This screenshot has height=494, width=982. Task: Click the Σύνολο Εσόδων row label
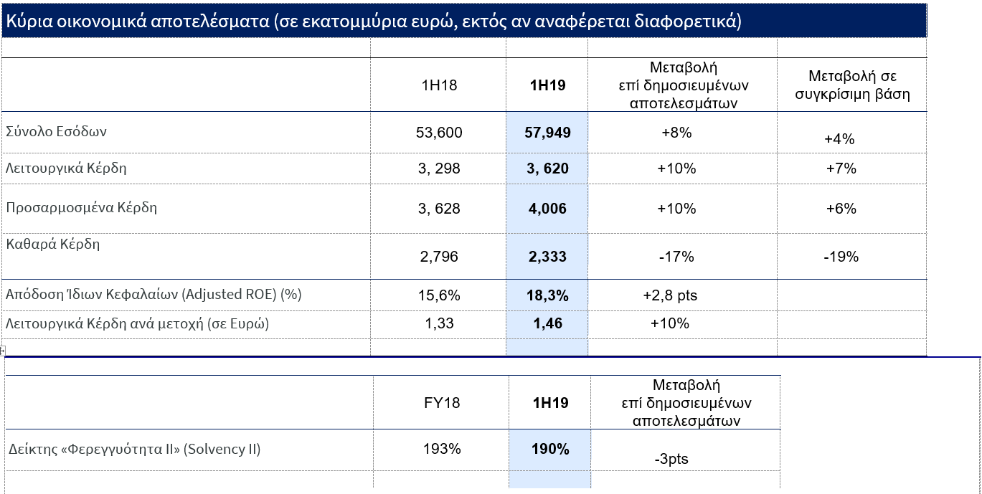(x=57, y=131)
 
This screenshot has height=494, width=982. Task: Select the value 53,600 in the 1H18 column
(x=439, y=133)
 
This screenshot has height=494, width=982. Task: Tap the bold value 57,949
(x=547, y=133)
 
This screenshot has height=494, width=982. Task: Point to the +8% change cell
(x=676, y=133)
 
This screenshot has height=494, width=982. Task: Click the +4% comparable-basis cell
(x=839, y=139)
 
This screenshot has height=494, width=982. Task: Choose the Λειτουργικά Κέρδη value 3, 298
(x=438, y=168)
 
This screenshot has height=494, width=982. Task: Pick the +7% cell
(x=841, y=168)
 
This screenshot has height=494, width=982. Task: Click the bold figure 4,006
(x=547, y=209)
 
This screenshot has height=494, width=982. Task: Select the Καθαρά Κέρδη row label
(x=53, y=244)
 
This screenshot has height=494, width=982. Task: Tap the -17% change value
(x=676, y=256)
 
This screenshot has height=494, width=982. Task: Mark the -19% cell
(x=841, y=256)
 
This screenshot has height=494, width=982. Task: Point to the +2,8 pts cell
(x=670, y=295)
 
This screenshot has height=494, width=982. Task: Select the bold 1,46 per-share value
(x=547, y=323)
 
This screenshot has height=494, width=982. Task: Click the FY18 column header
(x=442, y=403)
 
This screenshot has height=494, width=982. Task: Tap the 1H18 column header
(x=439, y=85)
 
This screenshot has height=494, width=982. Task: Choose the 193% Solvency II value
(x=442, y=450)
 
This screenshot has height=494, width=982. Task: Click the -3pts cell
(x=671, y=459)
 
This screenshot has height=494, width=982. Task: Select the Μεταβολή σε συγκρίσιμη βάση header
(x=852, y=85)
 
